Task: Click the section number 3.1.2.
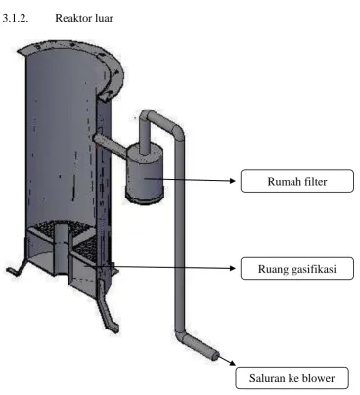tap(15, 18)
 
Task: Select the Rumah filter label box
tap(297, 181)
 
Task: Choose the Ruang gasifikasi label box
tap(297, 268)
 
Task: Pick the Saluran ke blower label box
tap(292, 378)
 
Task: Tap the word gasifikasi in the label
tap(314, 269)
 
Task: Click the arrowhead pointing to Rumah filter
tap(233, 181)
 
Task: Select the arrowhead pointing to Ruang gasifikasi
tap(233, 268)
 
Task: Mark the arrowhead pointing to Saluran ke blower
tap(232, 363)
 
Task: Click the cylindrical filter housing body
tap(145, 174)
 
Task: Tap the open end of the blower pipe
tap(215, 356)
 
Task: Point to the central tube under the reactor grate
tap(61, 249)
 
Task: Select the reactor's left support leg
tap(17, 268)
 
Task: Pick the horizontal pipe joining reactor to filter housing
tap(111, 145)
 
